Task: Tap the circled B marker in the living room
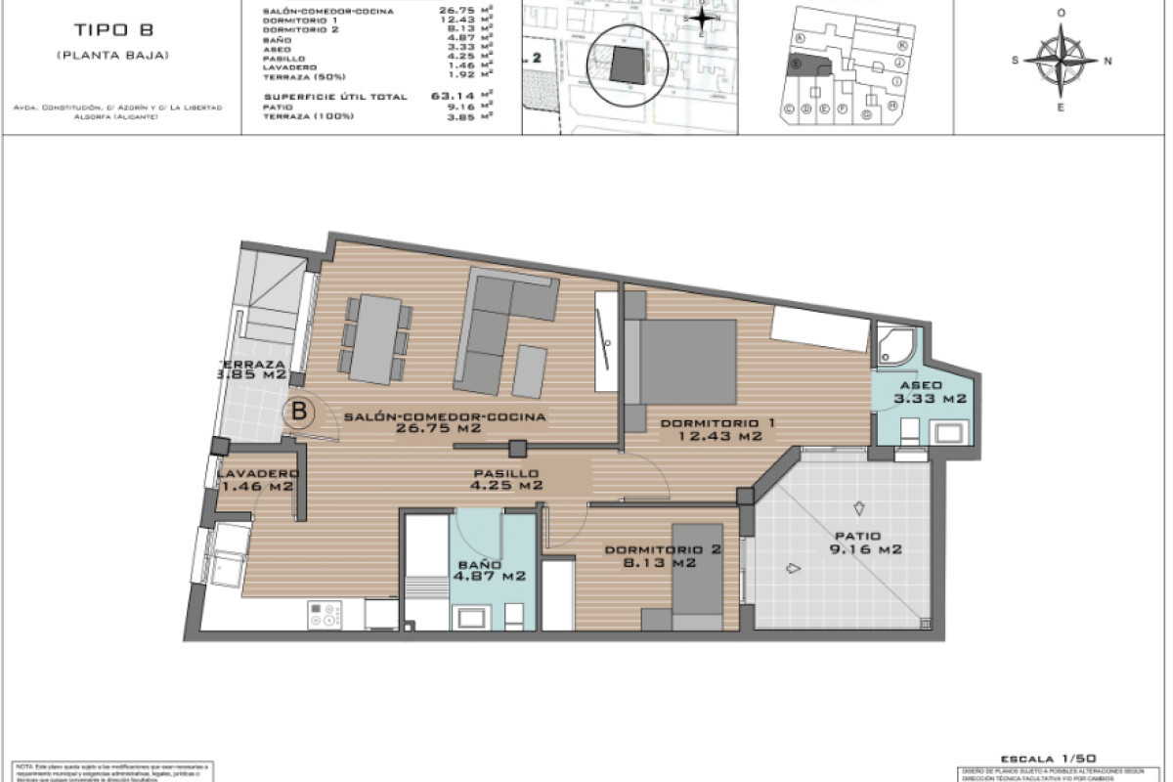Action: point(299,412)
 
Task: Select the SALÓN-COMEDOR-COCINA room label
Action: point(445,416)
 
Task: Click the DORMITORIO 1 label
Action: point(717,422)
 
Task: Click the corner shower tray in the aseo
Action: point(896,343)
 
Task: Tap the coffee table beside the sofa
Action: point(531,371)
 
